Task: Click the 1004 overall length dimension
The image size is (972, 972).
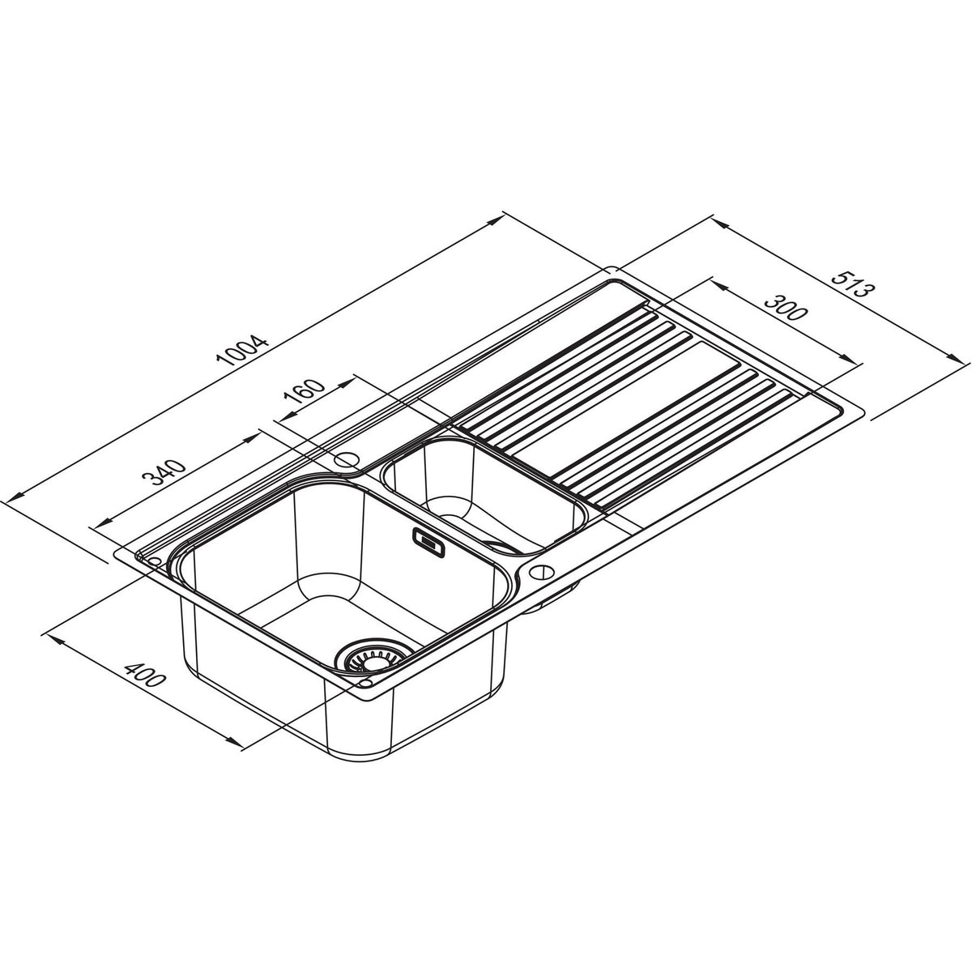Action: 244,350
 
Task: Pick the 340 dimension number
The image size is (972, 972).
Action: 164,472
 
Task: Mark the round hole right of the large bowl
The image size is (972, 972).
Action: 541,573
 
